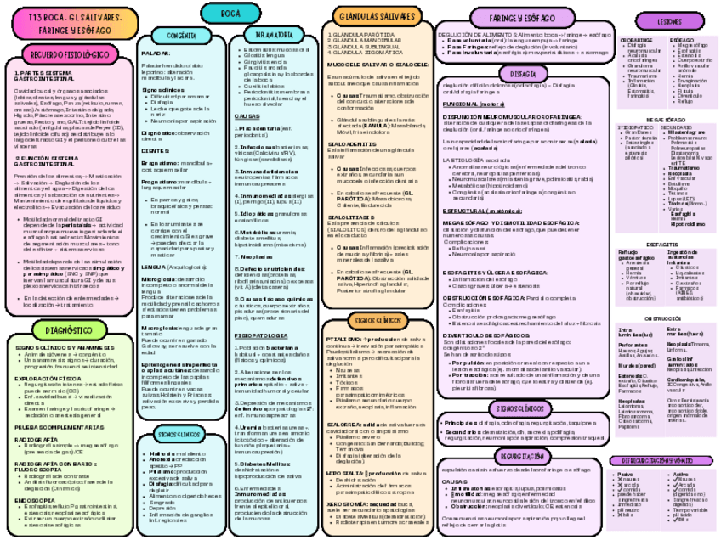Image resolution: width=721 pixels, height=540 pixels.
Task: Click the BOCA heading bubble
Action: point(229,14)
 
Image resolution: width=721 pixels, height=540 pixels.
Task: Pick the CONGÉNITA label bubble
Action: point(183,36)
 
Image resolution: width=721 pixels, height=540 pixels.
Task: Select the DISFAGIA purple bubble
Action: point(516,75)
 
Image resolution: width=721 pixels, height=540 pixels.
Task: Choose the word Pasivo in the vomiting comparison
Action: point(625,475)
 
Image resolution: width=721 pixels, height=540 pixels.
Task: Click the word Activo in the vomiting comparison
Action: point(680,475)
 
